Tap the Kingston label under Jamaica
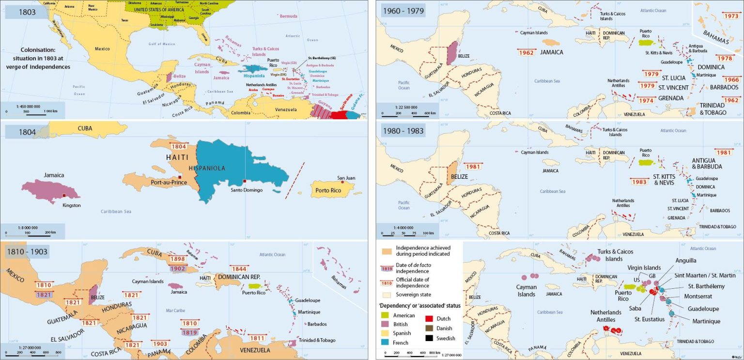coord(72,205)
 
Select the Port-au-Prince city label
coord(169,182)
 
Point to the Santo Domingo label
coord(246,190)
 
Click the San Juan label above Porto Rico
coord(346,178)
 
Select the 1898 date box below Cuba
coord(178,259)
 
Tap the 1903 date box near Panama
coord(159,344)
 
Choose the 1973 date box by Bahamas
coord(730,16)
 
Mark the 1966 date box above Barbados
coord(731,79)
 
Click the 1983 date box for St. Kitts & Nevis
coord(639,182)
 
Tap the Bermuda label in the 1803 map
coord(289,16)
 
